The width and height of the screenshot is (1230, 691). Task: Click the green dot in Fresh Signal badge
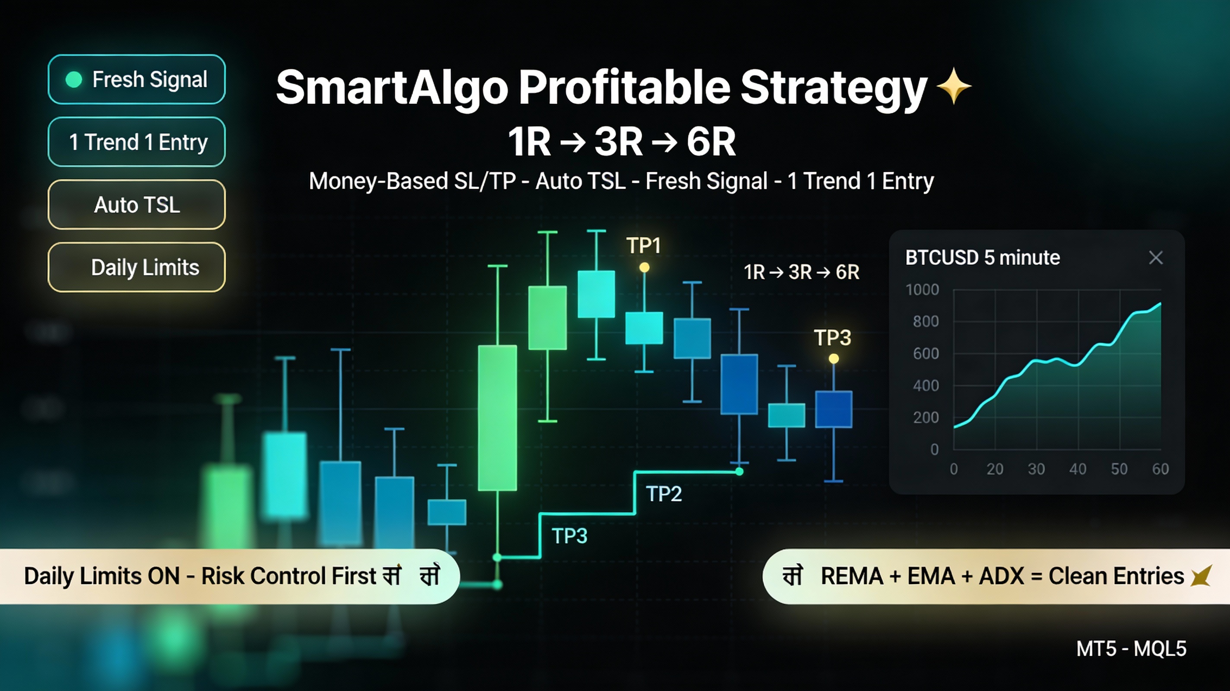73,79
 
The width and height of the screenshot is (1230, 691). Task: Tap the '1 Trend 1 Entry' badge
137,142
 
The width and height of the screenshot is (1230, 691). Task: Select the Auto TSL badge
137,205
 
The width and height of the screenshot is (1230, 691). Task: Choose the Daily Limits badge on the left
137,267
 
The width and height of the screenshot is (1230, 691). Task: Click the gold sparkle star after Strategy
954,86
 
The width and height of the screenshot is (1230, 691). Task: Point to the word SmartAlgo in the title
392,87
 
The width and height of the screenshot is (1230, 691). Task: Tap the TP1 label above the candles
643,245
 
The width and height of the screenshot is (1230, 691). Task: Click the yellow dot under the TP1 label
644,267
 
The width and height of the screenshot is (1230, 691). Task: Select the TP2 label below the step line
664,494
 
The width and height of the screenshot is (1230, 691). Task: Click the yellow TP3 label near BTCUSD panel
832,338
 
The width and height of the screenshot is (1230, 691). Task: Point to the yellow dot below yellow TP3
834,358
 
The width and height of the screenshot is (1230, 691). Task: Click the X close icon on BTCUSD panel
1156,258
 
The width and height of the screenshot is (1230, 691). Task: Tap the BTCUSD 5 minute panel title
982,258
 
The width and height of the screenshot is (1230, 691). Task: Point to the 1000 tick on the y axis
922,289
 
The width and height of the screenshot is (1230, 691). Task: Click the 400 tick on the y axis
926,385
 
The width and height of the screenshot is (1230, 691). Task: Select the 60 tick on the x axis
1160,469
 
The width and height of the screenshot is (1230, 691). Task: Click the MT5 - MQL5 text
1131,649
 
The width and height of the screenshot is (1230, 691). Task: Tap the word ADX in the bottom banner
1001,576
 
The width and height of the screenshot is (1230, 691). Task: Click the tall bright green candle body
497,418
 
